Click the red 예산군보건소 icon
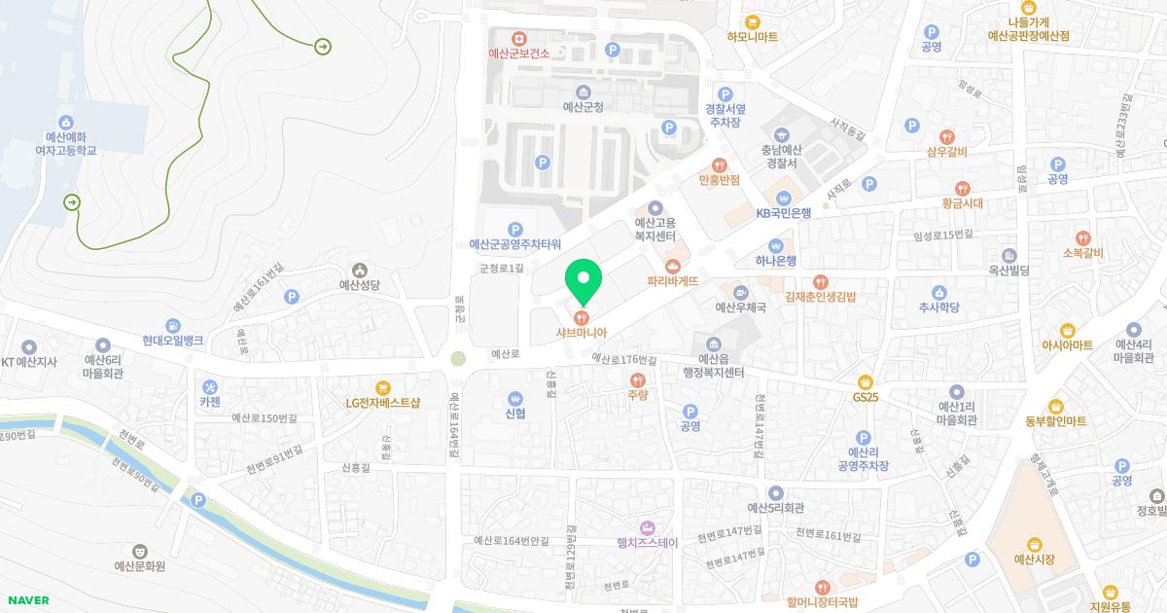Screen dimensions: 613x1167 pos(519,37)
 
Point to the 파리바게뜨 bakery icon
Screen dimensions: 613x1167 pos(671,266)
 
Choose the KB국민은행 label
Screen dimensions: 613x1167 pos(784,212)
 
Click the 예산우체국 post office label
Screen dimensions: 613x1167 pos(741,307)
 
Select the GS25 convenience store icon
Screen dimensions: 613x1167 pos(865,381)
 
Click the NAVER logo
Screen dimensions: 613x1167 pos(27,600)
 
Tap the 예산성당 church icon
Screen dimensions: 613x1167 pos(360,270)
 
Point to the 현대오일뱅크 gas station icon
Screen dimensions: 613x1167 pos(172,325)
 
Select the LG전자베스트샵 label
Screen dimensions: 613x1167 pos(382,403)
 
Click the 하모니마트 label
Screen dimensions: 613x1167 pos(752,38)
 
